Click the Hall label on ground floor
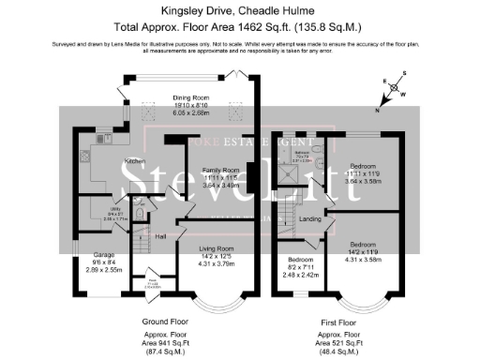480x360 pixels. coord(160,236)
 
